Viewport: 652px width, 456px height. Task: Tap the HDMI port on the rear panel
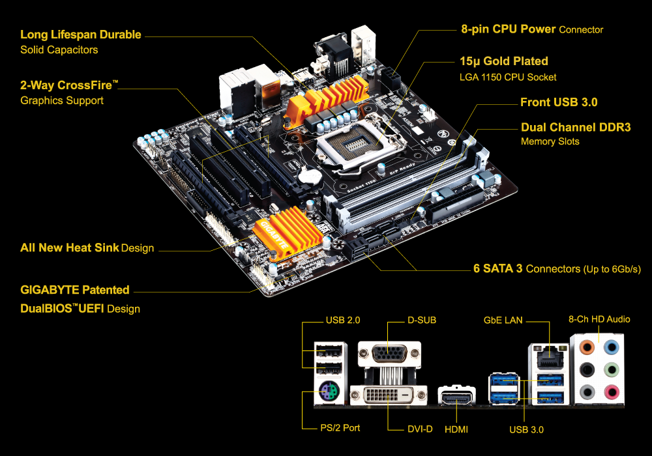point(457,397)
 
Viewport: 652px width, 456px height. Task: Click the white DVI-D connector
point(388,395)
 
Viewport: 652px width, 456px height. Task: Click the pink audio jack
point(611,392)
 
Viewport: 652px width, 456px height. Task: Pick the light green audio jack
point(611,369)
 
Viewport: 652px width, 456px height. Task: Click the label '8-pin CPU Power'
point(507,29)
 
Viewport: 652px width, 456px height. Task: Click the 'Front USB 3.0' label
point(559,102)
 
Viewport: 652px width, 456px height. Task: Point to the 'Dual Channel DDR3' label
point(576,128)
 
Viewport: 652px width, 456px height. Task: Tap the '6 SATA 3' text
point(498,268)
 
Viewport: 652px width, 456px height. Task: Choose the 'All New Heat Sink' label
point(70,248)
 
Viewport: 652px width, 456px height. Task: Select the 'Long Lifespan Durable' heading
point(80,35)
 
